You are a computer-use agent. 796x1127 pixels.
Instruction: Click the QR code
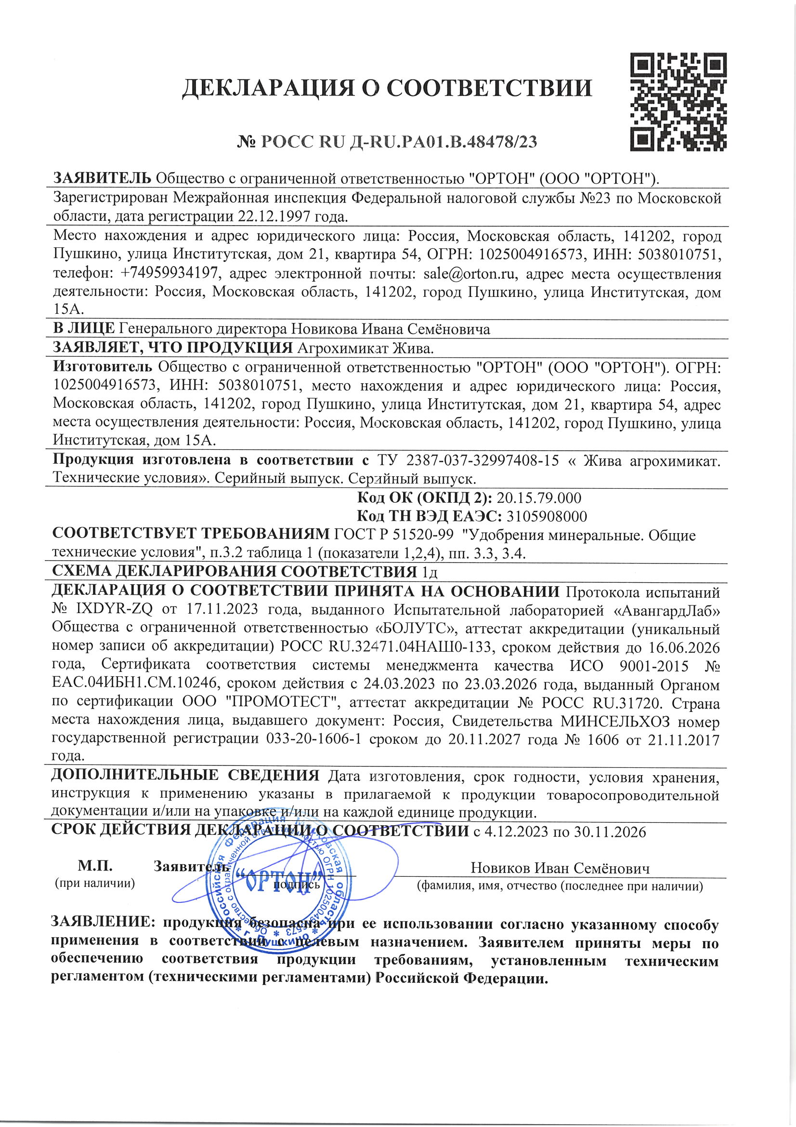pos(678,102)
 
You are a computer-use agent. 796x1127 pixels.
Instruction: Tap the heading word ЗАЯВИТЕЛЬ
pos(102,178)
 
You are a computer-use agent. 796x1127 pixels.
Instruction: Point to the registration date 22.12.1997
pos(277,216)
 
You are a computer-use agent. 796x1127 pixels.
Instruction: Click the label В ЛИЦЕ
pos(84,328)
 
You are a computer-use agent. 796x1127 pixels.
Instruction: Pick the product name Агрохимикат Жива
pos(366,348)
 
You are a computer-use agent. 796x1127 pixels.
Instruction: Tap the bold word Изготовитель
pos(103,367)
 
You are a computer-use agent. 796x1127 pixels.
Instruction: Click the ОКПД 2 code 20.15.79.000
pos(539,498)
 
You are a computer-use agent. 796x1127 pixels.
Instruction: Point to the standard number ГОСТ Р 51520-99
pos(395,535)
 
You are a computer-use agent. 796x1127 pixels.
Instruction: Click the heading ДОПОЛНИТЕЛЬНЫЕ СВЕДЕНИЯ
pos(185,776)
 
